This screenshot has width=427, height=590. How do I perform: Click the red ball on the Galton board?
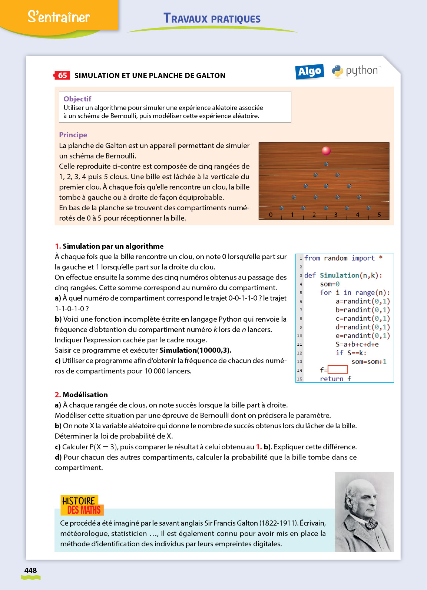[x=326, y=151]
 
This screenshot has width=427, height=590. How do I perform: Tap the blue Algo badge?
[x=310, y=71]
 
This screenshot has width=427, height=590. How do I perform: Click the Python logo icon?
[x=337, y=71]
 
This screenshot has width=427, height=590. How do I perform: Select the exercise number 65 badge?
[x=62, y=76]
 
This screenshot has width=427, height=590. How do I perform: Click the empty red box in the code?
[x=338, y=369]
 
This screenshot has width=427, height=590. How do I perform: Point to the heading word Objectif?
[x=77, y=99]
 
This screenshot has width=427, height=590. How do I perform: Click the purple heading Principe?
[x=73, y=135]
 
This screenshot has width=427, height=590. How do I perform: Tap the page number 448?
[x=30, y=570]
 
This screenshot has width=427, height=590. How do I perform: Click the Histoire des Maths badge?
[x=82, y=505]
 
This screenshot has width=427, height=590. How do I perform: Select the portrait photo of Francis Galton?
[x=364, y=512]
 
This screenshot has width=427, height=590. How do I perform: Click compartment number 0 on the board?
[x=271, y=215]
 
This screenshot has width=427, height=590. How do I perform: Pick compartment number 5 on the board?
[x=379, y=215]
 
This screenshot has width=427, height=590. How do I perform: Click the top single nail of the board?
[x=326, y=164]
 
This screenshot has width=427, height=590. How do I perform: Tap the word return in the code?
[x=331, y=379]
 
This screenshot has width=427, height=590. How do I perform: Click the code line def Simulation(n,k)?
[x=343, y=275]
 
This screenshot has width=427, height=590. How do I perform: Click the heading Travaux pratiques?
[x=212, y=19]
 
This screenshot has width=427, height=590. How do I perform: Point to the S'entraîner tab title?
[x=59, y=17]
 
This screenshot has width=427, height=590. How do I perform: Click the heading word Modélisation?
[x=85, y=395]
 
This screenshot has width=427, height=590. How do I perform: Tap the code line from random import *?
[x=343, y=258]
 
